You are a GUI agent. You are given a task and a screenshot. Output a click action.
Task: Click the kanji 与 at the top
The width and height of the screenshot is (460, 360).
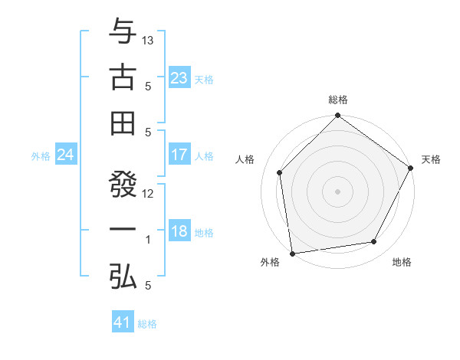[123, 32]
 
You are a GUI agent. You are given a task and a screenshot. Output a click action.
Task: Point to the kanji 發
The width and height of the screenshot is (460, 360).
[123, 185]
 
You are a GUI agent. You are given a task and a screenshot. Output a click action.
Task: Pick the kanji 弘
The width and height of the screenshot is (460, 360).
[123, 275]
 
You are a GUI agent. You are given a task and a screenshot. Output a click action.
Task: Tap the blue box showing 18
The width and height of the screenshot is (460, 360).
[179, 232]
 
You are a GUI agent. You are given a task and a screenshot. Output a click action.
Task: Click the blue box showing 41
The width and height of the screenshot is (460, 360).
[123, 322]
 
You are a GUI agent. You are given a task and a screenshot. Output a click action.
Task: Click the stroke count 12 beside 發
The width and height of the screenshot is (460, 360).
[149, 194]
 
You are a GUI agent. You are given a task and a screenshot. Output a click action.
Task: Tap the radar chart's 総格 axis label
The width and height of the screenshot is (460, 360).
[338, 100]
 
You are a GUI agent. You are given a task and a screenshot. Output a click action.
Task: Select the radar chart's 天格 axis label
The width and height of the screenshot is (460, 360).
[431, 159]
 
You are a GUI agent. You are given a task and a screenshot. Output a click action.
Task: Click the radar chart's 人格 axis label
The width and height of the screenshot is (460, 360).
[246, 159]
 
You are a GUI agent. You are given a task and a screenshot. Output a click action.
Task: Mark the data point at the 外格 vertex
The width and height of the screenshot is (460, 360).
[292, 253]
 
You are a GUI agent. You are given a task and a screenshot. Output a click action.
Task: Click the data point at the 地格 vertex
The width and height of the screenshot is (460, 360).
[374, 241]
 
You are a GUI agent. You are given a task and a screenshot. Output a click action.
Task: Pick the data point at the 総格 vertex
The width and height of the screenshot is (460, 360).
[338, 116]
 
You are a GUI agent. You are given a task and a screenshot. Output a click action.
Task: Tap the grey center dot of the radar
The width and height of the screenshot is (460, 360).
[338, 191]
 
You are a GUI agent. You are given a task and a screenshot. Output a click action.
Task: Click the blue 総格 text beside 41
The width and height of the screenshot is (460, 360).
[147, 324]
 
